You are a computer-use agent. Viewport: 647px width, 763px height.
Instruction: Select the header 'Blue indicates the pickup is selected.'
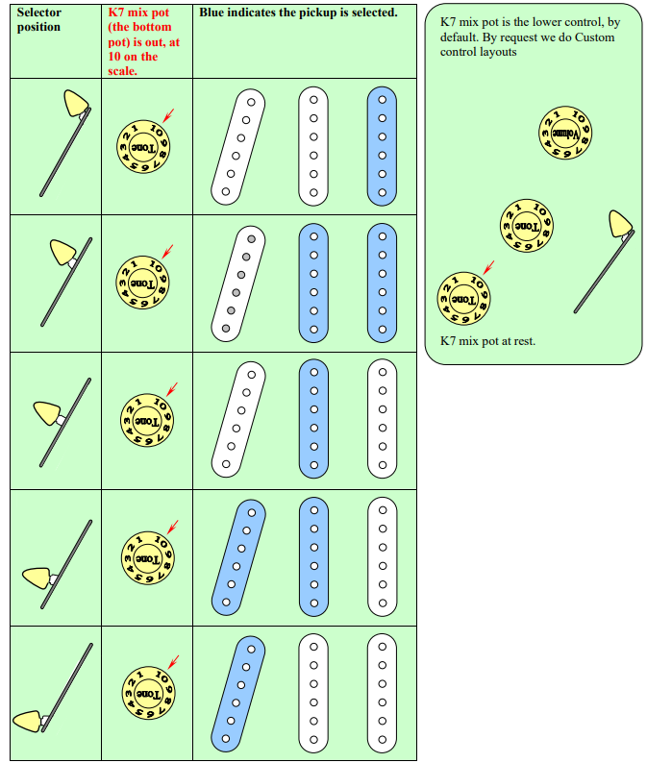(x=298, y=12)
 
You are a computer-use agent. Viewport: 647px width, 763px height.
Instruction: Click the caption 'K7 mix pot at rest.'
(x=487, y=341)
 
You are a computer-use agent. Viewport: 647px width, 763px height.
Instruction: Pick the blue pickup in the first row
(x=382, y=145)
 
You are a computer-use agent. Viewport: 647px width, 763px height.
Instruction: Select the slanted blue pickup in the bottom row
(x=238, y=694)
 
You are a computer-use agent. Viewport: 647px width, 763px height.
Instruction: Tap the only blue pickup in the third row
(x=313, y=419)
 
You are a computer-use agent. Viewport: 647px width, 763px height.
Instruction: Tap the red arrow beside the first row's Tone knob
(x=168, y=115)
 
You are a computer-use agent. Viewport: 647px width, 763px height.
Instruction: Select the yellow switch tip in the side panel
(x=620, y=224)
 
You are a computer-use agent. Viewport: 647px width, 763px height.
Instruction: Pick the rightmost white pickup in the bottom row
(x=382, y=694)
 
